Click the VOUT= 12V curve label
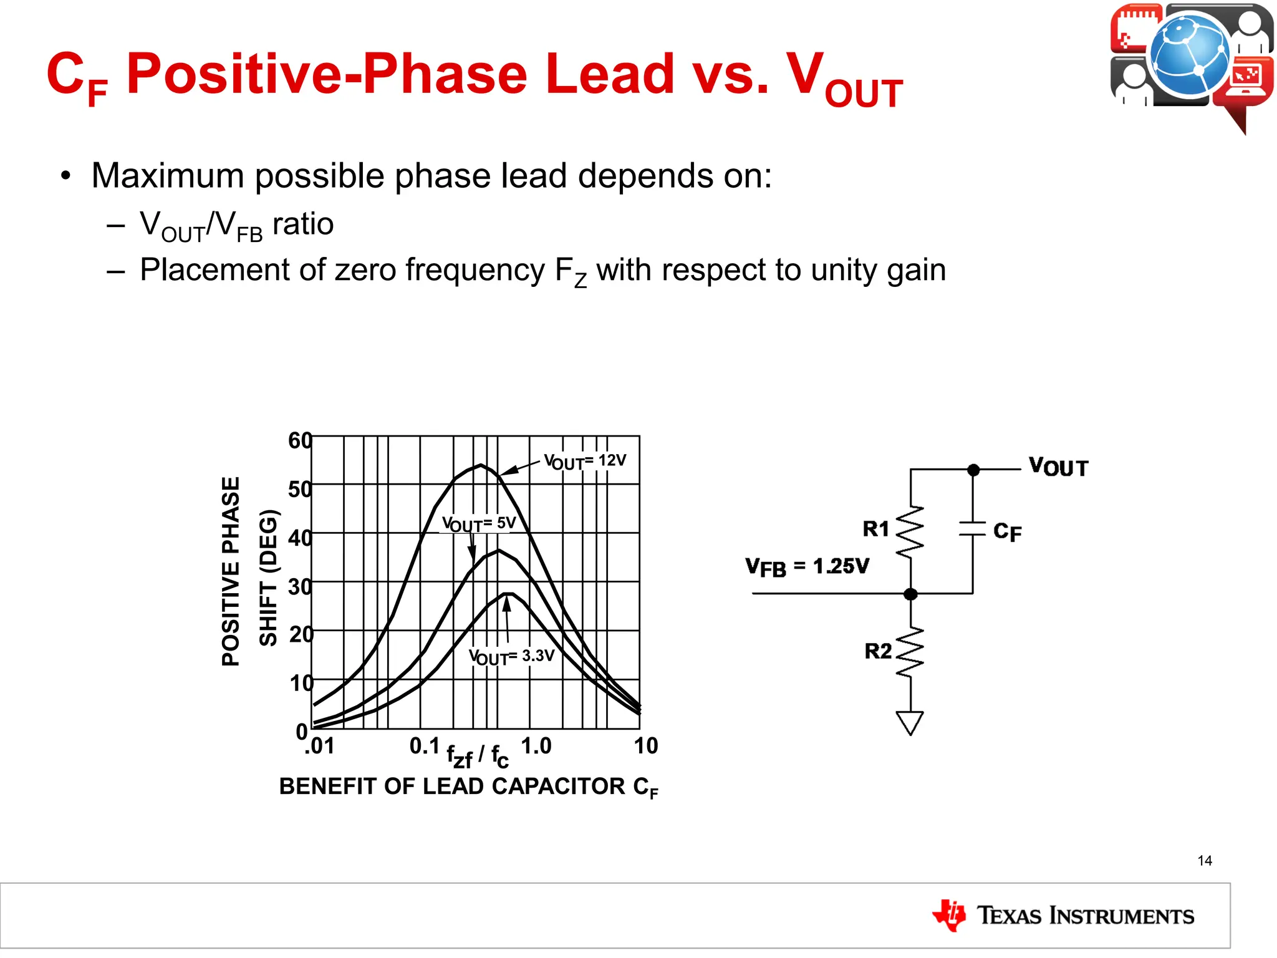585,462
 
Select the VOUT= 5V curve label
479,524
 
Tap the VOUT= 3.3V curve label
511,657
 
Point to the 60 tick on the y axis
300,440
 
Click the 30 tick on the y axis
300,586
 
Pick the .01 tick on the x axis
319,746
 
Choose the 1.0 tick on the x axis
536,746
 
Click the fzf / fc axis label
478,756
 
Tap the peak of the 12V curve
481,465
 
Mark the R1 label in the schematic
875,529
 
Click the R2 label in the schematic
878,651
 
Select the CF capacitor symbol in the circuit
972,529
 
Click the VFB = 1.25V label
807,567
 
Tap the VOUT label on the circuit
1058,467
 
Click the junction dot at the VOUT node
973,470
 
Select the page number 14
1205,861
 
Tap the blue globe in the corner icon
1189,55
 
